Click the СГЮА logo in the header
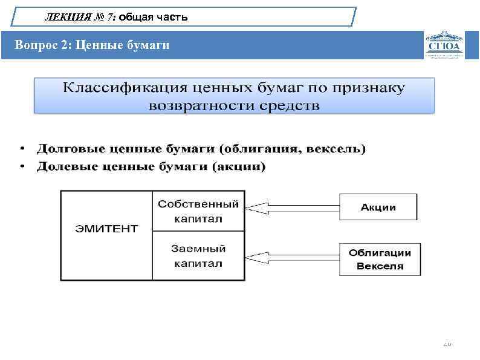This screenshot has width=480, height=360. (x=444, y=45)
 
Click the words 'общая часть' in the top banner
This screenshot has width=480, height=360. (x=154, y=18)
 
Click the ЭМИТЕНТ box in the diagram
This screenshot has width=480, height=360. (x=106, y=229)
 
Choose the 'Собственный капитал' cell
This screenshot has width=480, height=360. (x=198, y=211)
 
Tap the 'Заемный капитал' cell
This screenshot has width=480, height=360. (x=198, y=255)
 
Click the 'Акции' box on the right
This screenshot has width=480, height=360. (x=378, y=207)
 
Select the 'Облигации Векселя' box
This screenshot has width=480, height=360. (x=380, y=259)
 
